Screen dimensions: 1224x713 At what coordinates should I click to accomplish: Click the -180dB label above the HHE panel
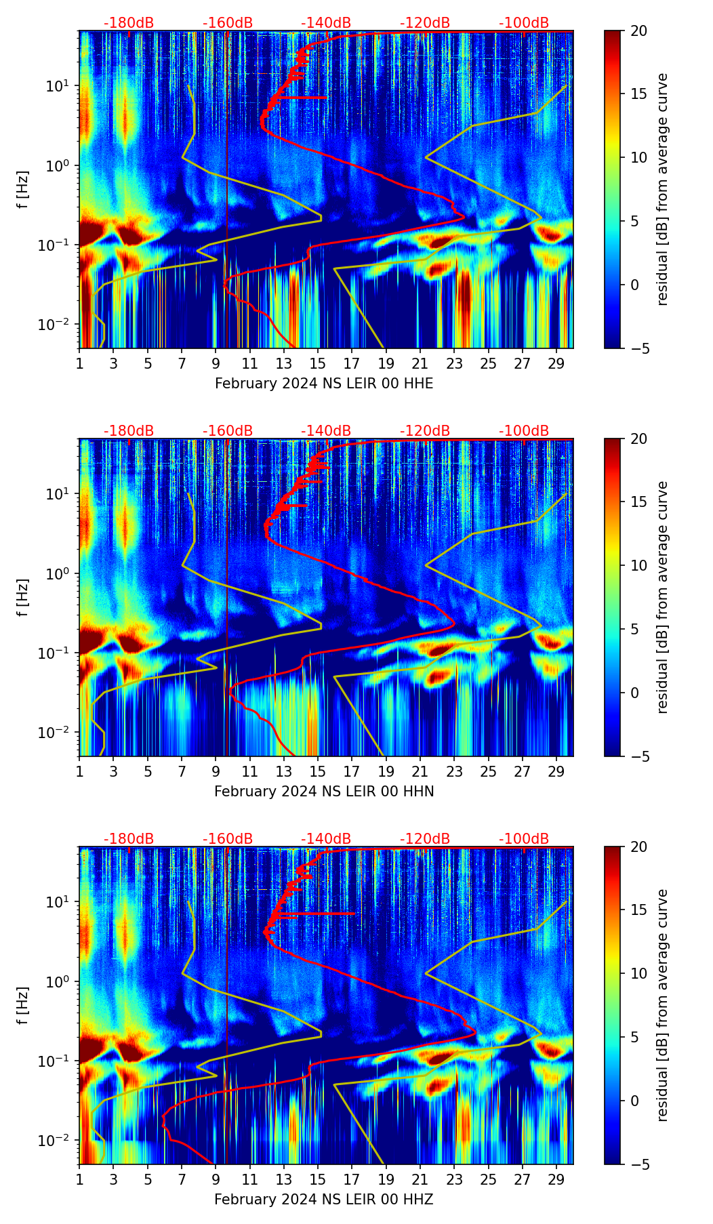point(129,23)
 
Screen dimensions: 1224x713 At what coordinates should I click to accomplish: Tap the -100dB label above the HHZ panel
point(524,839)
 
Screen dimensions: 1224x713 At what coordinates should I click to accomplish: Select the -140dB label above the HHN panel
point(326,431)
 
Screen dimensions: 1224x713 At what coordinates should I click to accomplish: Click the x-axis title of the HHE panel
point(324,384)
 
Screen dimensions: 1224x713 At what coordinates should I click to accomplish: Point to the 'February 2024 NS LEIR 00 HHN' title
point(324,792)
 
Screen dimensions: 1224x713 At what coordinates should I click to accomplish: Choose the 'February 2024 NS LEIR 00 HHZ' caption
point(324,1200)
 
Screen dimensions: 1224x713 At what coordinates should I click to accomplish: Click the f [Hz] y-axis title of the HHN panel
point(23,597)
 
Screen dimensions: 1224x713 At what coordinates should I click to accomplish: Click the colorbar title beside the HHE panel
point(663,189)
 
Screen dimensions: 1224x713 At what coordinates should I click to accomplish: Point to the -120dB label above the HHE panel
point(425,23)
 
